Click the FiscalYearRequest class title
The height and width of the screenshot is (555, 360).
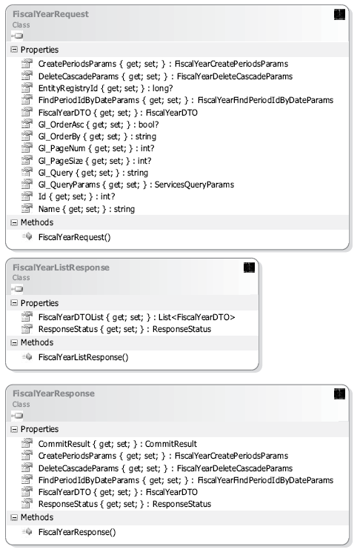pos(50,14)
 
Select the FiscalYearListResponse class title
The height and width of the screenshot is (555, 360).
pos(61,267)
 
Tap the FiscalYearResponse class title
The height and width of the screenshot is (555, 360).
pos(53,393)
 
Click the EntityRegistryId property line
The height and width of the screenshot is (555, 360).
pos(105,88)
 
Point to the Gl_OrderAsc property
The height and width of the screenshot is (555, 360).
pos(99,124)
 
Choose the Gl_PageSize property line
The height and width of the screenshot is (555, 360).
pos(95,161)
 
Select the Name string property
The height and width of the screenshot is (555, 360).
pos(87,209)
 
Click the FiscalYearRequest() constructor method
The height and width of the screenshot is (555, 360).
pos(74,237)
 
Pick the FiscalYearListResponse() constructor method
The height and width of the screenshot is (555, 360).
pos(83,357)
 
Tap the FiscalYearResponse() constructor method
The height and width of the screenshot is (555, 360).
pos(77,532)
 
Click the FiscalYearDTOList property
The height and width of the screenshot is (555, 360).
pos(136,317)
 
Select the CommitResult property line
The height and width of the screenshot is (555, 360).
pos(118,444)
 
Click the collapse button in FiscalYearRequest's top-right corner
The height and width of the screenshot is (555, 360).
pos(339,15)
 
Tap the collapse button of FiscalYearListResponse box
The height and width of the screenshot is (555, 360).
pos(249,267)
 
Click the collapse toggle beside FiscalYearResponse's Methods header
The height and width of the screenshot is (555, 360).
pos(14,517)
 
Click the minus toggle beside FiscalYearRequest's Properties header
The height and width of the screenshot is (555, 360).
pos(14,50)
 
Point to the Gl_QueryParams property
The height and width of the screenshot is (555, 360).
pos(136,185)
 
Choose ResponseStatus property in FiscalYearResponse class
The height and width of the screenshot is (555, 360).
pos(124,504)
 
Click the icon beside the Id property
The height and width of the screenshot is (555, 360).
pos(27,196)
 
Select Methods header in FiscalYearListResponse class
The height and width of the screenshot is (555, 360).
pos(37,342)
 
